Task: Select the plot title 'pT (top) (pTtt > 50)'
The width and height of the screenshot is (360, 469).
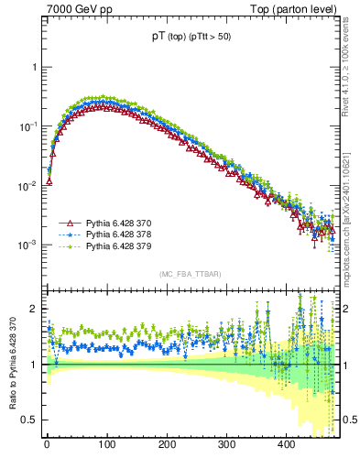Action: [191, 38]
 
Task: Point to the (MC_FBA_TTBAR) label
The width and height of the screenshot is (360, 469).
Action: [188, 274]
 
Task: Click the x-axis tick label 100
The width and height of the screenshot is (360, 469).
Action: [106, 444]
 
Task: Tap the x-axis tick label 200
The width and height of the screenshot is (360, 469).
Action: [167, 444]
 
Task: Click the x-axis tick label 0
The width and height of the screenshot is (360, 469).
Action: [47, 444]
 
